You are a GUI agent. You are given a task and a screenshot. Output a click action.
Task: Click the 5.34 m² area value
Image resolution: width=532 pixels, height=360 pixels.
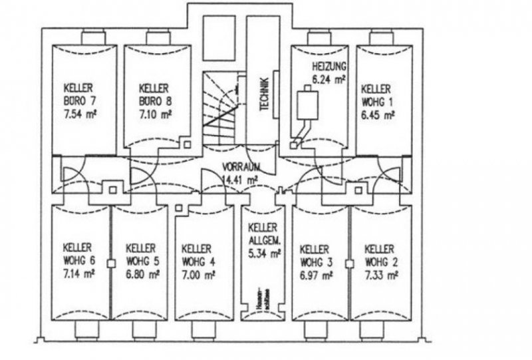click(264, 253)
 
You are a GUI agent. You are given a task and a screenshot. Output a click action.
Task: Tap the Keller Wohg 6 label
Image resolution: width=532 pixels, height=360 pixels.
click(77, 253)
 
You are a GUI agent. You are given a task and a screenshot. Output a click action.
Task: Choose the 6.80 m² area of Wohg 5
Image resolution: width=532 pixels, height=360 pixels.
click(142, 273)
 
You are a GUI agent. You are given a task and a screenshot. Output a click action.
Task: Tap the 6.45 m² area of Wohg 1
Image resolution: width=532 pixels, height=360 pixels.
click(378, 114)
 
